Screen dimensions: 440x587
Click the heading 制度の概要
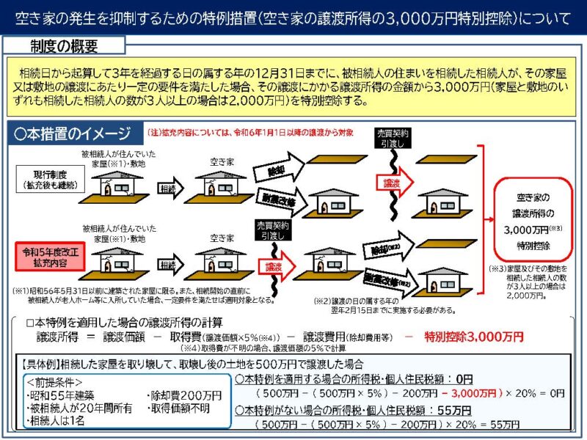click(65, 45)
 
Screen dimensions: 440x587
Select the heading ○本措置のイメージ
click(73, 134)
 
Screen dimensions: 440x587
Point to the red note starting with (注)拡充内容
click(249, 133)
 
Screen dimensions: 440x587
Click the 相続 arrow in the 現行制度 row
click(168, 188)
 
